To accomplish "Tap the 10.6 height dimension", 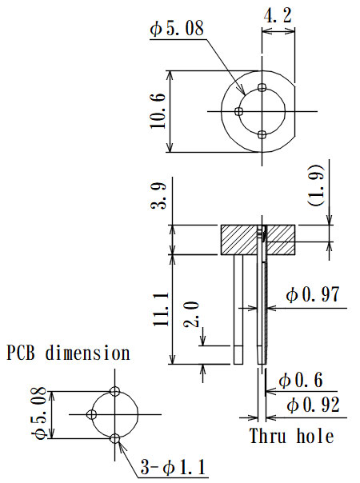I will click(157, 110).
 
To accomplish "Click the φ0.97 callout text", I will click(313, 294).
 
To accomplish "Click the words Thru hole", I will click(291, 437).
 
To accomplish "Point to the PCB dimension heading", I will click(68, 352).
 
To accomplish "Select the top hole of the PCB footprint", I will click(116, 391).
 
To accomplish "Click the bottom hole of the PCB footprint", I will click(116, 438).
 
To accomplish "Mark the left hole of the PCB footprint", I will click(92, 414).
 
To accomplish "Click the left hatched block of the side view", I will click(239, 240).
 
